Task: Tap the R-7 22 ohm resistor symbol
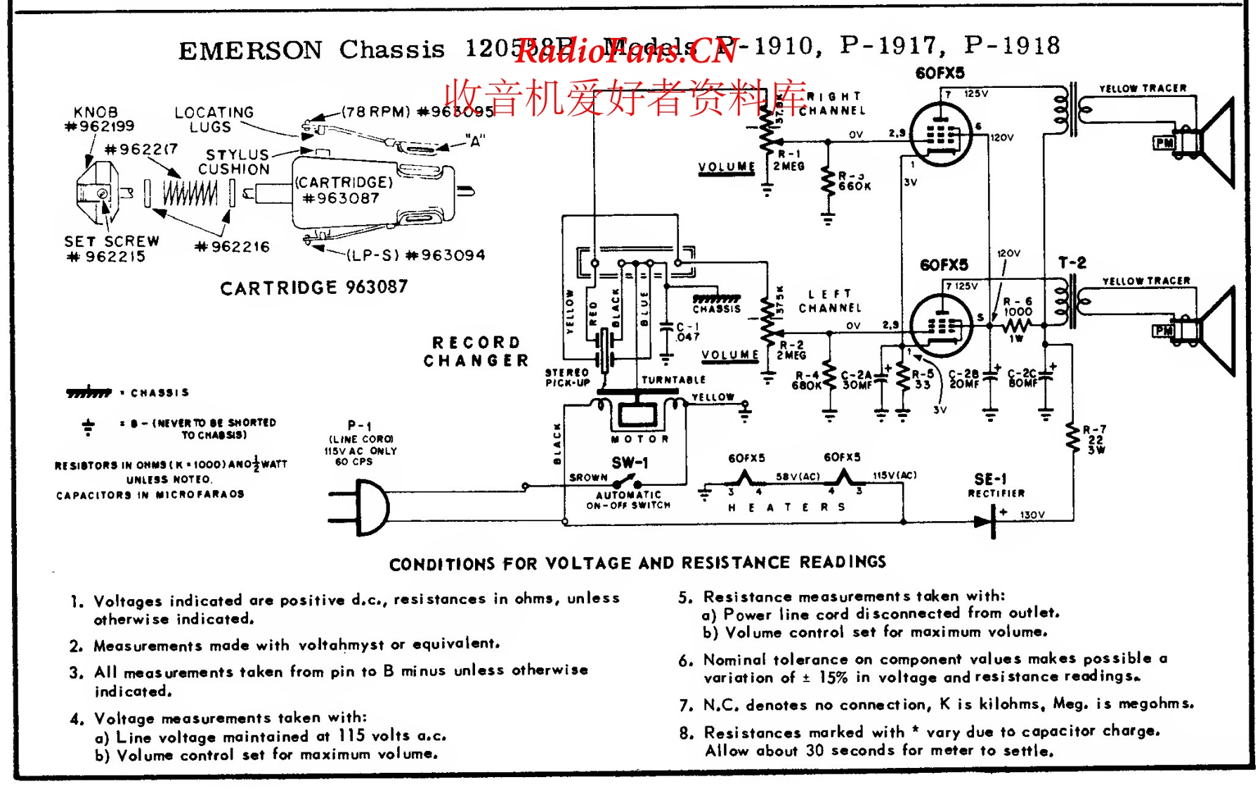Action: [x=1073, y=439]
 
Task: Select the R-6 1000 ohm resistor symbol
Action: [x=1016, y=326]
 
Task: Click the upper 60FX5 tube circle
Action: [x=940, y=134]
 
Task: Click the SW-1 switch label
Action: [x=630, y=463]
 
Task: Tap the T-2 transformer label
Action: [x=1072, y=263]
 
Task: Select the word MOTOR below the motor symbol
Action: [x=639, y=439]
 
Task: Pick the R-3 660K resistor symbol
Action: [x=829, y=181]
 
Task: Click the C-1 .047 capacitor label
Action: [x=687, y=332]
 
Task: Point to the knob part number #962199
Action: [x=99, y=127]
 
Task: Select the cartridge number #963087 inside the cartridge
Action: [x=341, y=198]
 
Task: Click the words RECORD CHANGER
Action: [x=476, y=351]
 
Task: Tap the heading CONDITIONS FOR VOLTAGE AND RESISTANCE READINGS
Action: [x=637, y=563]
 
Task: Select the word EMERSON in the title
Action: [x=250, y=50]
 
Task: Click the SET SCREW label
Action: [x=112, y=241]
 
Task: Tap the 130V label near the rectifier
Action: [x=1032, y=515]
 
